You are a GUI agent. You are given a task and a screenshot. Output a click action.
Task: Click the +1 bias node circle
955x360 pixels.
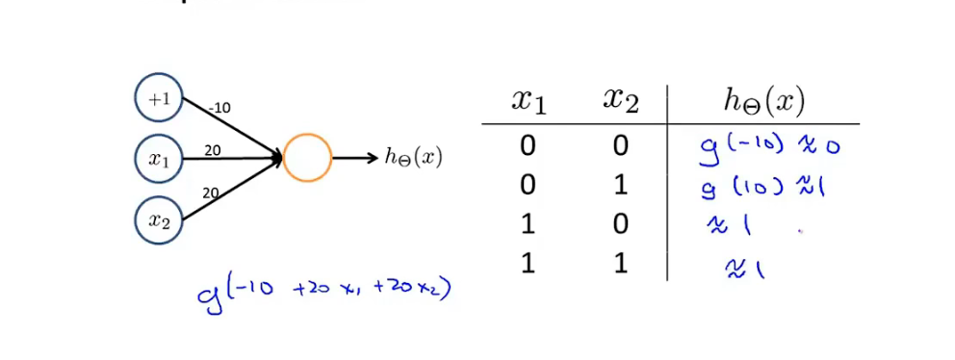pos(158,98)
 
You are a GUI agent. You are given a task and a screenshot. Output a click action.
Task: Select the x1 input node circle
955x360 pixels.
pos(158,159)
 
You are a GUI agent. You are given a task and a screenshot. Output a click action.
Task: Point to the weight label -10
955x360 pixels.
pos(219,108)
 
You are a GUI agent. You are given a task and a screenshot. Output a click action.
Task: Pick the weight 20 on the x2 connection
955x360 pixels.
pos(211,193)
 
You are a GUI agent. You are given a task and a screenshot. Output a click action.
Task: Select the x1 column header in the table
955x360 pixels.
pos(528,101)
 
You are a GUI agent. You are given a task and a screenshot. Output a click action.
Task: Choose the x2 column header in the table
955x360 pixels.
pos(621,101)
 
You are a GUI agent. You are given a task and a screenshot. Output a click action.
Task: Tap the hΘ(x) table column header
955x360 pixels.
pos(763,101)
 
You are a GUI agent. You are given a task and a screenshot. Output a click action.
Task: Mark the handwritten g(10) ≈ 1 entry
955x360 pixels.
pos(764,185)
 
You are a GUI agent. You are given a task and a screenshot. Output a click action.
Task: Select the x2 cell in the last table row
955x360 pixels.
pos(621,263)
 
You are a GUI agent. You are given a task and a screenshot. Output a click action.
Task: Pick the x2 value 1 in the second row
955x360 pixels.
pos(621,185)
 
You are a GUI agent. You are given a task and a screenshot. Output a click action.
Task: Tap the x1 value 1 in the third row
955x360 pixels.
pos(528,223)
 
